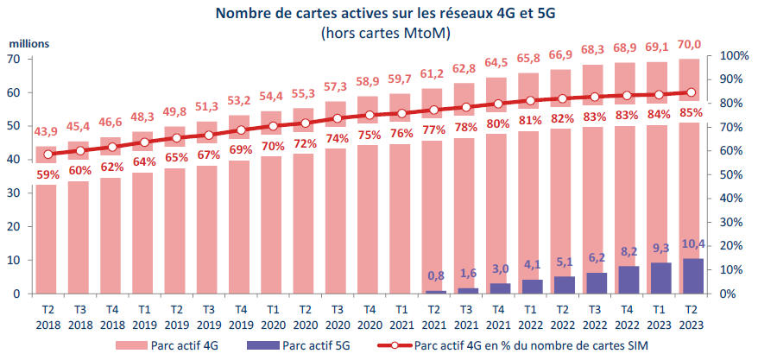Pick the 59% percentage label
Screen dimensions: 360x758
point(46,173)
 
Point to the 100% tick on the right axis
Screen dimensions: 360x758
point(723,56)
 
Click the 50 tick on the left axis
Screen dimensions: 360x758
point(15,126)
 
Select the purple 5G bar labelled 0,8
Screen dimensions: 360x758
point(436,292)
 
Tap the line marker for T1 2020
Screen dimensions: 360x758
point(273,126)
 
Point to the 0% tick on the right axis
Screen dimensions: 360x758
point(720,294)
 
